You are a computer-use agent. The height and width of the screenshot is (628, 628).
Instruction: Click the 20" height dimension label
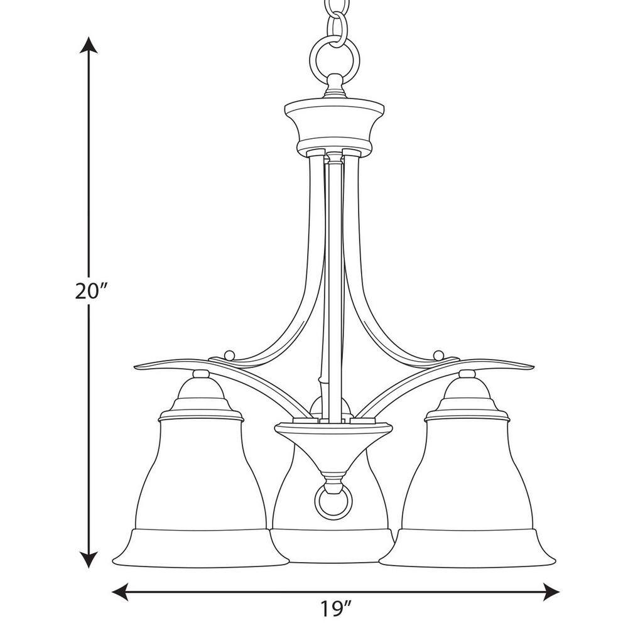point(92,291)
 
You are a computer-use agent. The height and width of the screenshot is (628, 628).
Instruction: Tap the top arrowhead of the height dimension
point(89,46)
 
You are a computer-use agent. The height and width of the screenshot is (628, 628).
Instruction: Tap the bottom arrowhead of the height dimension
point(89,559)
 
